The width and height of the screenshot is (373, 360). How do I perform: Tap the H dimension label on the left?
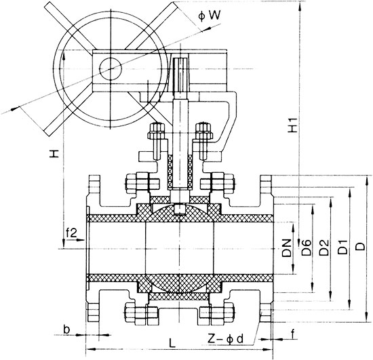[54, 155]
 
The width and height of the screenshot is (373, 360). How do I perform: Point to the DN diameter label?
[288, 248]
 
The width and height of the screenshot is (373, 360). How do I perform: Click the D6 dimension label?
[307, 248]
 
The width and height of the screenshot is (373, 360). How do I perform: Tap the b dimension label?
[66, 329]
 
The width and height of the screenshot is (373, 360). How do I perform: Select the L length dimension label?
[173, 344]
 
